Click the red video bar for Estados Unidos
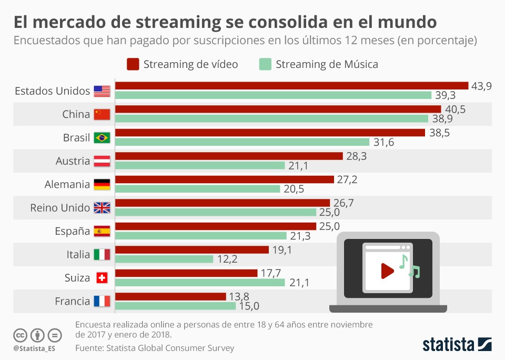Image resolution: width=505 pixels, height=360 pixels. pos(291,86)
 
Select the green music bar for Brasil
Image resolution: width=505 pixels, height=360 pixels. pos(242,142)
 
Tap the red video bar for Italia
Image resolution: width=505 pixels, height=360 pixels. pos(191,250)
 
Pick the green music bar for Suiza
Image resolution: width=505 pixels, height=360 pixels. pos(200,283)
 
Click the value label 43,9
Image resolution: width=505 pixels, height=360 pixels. pos(481,86)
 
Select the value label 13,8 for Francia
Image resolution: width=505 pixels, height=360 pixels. pos(239,296)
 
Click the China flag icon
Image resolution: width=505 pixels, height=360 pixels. pos(102,114)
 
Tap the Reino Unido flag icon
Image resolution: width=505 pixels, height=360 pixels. pos(102,208)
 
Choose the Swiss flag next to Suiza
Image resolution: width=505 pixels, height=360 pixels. pos(102,278)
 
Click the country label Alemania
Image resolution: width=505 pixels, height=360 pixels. pos(67,184)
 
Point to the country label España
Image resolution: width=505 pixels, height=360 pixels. pos(73,231)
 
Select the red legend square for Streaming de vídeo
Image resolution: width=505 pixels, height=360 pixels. pos(133,64)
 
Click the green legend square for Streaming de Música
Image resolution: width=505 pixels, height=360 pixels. pos(265,64)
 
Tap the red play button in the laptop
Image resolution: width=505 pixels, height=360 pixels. pos(387,271)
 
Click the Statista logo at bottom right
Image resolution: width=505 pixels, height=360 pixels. pos(457,345)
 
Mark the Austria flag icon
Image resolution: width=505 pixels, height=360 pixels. pos(102,161)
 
